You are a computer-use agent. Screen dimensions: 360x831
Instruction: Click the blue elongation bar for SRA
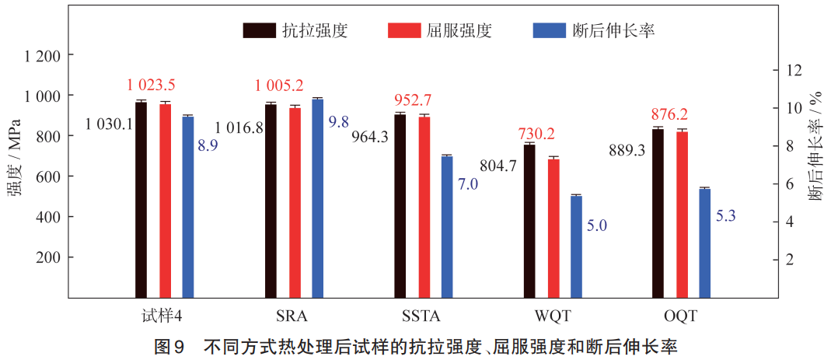317,198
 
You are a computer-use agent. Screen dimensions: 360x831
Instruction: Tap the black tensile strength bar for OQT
658,213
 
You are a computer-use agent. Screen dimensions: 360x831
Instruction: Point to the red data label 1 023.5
152,85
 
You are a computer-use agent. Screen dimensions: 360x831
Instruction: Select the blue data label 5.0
596,225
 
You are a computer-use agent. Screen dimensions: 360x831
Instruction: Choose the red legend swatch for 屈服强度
403,30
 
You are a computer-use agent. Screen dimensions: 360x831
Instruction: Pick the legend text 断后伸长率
613,30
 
